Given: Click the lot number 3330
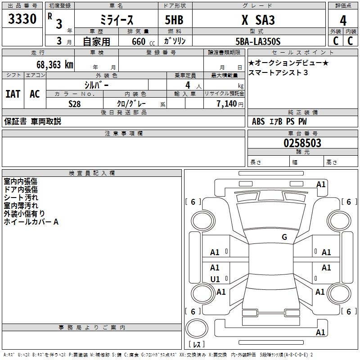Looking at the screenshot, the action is coord(22,19).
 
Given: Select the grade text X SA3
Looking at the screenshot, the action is coord(258,20).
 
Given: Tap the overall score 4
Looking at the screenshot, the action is coord(343,20).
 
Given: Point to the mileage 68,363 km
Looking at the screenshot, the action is coord(55,64).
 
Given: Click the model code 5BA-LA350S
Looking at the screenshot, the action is coord(258,41).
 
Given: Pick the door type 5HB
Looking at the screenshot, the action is coord(174,20).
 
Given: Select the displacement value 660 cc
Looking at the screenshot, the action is coord(143,41).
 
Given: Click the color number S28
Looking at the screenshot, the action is coord(74,104).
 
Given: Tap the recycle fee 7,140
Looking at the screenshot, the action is coord(226,103).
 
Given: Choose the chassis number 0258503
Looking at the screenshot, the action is coord(302,143).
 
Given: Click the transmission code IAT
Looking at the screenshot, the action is coord(13,94).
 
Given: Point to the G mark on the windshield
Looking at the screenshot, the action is coord(284,237).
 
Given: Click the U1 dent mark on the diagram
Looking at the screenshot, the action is coord(215,279).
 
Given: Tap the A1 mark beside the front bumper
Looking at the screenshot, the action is coord(321,184).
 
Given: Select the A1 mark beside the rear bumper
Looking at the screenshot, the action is coord(320,332).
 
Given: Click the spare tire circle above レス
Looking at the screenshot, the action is coord(197,328).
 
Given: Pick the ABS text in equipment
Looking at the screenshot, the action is coord(258,121).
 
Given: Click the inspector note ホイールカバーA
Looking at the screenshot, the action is coord(31,222).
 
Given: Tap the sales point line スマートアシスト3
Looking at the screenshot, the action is coord(278,72).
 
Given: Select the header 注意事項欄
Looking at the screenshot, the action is coord(124,133).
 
